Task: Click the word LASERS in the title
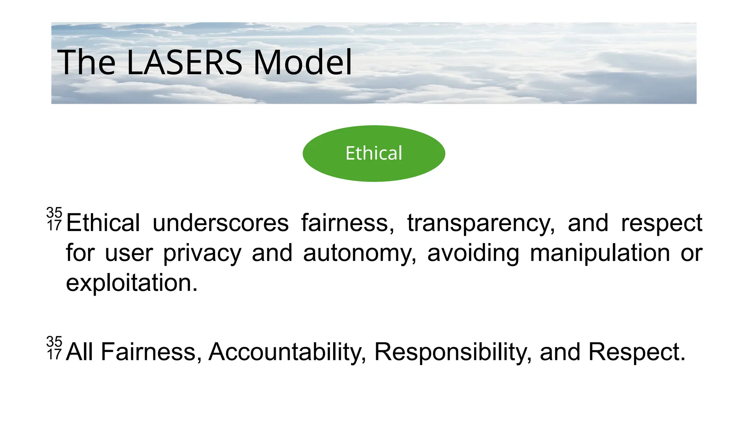184,62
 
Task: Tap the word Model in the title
302,62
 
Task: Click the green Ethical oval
374,153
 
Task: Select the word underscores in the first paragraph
220,223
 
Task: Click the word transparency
481,224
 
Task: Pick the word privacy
202,253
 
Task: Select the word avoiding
473,253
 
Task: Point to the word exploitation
131,283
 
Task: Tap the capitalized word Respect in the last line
637,352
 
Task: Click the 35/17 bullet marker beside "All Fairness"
54,348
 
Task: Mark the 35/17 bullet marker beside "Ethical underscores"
54,219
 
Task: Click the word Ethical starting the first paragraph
103,223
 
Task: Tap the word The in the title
86,62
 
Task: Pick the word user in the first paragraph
129,253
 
